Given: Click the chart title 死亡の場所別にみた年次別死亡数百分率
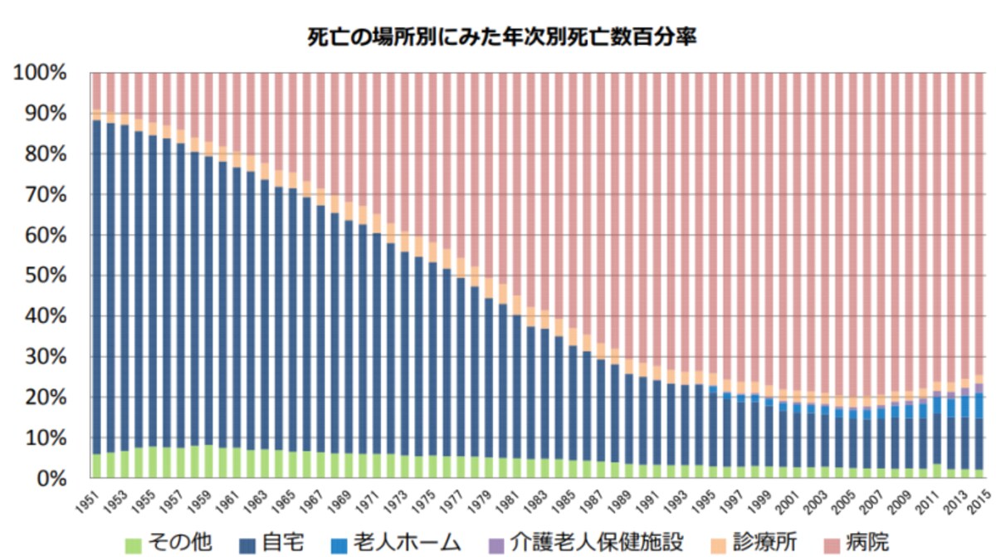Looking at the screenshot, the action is [x=501, y=37].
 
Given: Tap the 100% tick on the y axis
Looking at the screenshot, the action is [x=40, y=72].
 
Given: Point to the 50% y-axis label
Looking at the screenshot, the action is [x=46, y=276].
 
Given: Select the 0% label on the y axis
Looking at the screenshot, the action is [x=52, y=479].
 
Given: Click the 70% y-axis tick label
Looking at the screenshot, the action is [x=46, y=195].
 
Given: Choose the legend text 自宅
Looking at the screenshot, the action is [x=283, y=543].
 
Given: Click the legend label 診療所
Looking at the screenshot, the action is [x=764, y=543].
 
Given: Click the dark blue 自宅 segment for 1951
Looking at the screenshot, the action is [x=96, y=287].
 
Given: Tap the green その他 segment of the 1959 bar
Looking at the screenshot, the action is [x=208, y=461].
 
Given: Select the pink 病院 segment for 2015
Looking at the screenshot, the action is [x=979, y=223].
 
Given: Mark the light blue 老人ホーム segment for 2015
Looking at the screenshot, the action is [x=979, y=405].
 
